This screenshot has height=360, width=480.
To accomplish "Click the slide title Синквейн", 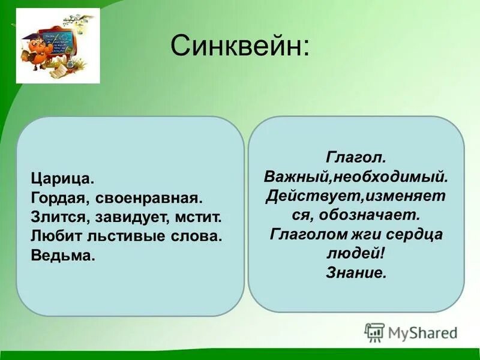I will [240, 46].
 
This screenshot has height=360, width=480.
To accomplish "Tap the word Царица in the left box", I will [62, 178].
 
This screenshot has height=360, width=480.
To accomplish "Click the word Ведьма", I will [62, 256].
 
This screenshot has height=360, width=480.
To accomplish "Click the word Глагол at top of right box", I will [356, 157].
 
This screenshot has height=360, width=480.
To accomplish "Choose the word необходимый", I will [391, 176].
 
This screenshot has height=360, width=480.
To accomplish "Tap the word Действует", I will [310, 196].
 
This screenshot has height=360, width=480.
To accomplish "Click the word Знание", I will [356, 272].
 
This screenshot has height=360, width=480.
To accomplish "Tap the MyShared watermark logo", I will [412, 332].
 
